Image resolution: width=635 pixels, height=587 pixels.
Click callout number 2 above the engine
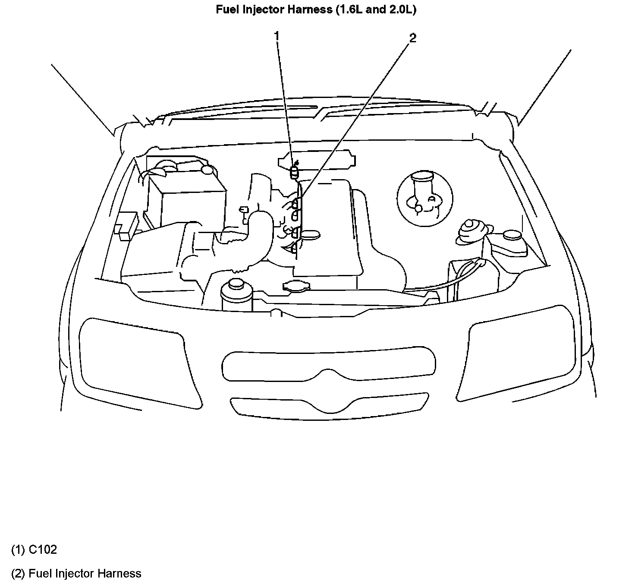[413, 38]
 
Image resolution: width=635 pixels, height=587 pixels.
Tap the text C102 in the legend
[43, 549]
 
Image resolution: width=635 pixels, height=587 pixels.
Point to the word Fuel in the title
[225, 9]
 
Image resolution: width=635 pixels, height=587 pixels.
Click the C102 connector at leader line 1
[295, 172]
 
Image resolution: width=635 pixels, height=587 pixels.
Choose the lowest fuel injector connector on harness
[295, 248]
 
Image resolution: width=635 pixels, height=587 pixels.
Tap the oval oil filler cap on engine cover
[311, 234]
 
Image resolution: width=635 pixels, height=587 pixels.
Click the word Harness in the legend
[119, 573]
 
